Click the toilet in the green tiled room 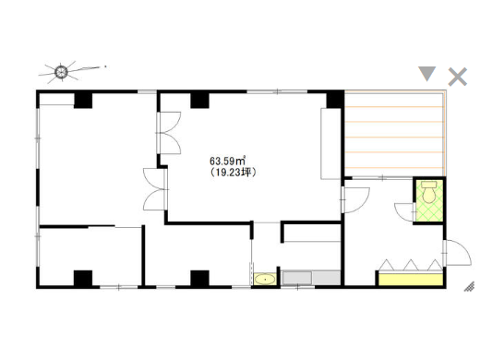(429, 192)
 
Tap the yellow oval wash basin (265, 280)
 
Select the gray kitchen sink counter (311, 278)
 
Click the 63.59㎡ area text (227, 161)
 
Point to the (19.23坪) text (233, 172)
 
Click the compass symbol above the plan (61, 72)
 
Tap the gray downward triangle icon (426, 74)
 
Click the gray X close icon (458, 77)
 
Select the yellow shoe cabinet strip (411, 280)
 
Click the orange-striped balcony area (394, 134)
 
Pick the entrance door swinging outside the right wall (458, 252)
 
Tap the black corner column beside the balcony (335, 100)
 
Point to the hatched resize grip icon (469, 286)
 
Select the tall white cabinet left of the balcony (330, 143)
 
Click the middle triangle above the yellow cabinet (411, 265)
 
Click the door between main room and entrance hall (355, 200)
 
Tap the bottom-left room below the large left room (90, 257)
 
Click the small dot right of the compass (105, 66)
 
